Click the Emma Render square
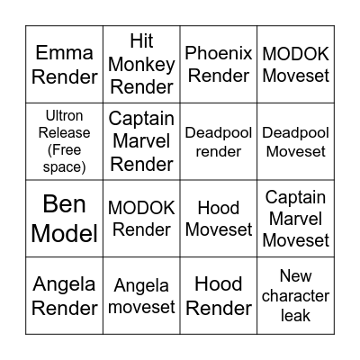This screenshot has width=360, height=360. pyautogui.click(x=64, y=64)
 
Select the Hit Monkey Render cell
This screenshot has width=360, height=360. pyautogui.click(x=140, y=64)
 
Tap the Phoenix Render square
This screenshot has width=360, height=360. pyautogui.click(x=218, y=64)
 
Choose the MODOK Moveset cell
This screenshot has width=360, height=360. pyautogui.click(x=295, y=64)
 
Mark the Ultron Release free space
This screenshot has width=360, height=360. pyautogui.click(x=64, y=141)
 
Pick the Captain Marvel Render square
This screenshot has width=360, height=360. pyautogui.click(x=140, y=141)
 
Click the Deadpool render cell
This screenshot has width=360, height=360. pyautogui.click(x=218, y=141)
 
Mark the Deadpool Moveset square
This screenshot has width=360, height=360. pyautogui.click(x=295, y=141)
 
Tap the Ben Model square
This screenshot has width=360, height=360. pyautogui.click(x=64, y=219)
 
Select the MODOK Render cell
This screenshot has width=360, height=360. pyautogui.click(x=140, y=219)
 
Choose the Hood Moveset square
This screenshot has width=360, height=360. pyautogui.click(x=218, y=219)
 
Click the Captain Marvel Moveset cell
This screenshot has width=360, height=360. pyautogui.click(x=295, y=219)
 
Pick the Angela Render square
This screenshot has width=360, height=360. pyautogui.click(x=64, y=296)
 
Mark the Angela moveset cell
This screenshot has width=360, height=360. pyautogui.click(x=140, y=296)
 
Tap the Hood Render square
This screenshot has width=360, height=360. pyautogui.click(x=218, y=296)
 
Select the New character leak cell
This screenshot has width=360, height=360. pyautogui.click(x=295, y=296)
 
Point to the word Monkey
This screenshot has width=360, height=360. pyautogui.click(x=140, y=64)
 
